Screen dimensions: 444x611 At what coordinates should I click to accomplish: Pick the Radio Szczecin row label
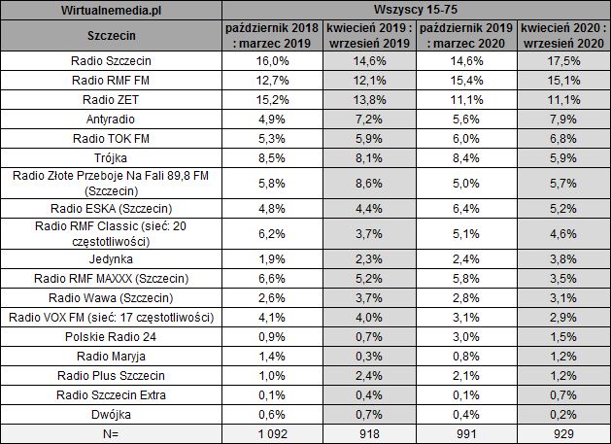(112, 59)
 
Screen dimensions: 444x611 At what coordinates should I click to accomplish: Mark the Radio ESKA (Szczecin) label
(112, 209)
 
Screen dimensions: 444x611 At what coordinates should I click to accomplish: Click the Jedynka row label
(112, 260)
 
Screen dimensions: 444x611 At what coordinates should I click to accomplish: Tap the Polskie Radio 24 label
(112, 336)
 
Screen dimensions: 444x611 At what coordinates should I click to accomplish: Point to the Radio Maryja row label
(112, 356)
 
